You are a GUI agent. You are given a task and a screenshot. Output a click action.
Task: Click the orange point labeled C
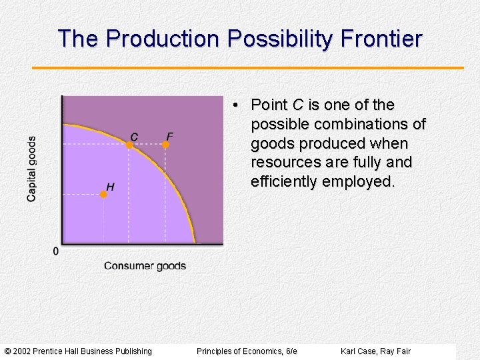click(x=130, y=144)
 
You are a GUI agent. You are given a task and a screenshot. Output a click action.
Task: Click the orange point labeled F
click(x=169, y=144)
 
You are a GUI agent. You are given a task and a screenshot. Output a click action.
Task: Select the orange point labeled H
click(x=103, y=194)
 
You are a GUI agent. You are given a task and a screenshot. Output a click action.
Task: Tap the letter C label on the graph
click(x=135, y=137)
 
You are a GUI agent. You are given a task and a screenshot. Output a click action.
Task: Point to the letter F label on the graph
click(x=169, y=137)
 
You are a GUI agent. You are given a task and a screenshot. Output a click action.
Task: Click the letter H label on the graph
click(x=110, y=187)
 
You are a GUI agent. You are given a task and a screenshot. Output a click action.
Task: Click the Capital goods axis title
click(x=32, y=169)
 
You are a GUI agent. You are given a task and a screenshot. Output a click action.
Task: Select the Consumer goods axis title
click(x=145, y=266)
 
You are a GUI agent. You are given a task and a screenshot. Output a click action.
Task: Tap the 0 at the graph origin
click(x=55, y=251)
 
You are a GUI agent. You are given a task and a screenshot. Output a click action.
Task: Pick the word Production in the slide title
click(x=163, y=39)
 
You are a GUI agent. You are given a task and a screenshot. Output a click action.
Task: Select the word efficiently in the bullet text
click(x=285, y=182)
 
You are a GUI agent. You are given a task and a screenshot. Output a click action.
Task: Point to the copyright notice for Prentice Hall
click(x=78, y=351)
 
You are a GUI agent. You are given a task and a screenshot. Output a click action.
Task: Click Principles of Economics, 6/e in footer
click(x=247, y=351)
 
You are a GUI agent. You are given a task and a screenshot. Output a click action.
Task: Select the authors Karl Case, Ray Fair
click(x=375, y=351)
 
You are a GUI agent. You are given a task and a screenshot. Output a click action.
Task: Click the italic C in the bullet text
click(x=297, y=105)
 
